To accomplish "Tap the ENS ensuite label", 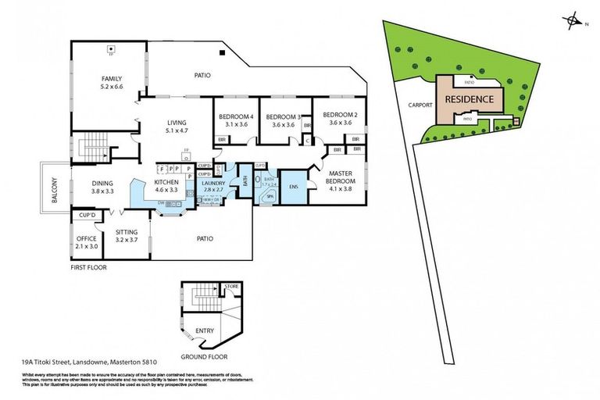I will coord(294,187).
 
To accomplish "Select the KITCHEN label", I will coord(167,182).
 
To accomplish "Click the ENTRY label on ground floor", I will coord(205,330).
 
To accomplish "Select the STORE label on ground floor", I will coord(231,287).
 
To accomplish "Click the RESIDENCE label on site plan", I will coord(469,99).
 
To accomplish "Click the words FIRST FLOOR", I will coord(87,267).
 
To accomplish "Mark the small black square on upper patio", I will coord(223,52).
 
